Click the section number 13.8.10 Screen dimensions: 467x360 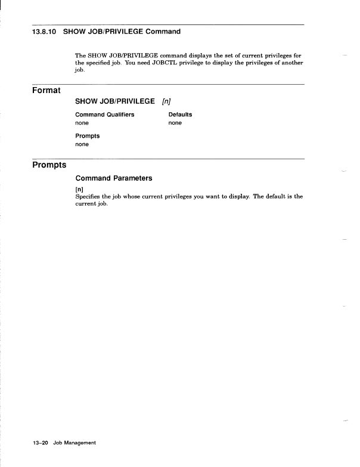point(45,31)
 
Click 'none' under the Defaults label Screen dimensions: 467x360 point(175,123)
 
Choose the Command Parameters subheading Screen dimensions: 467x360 point(114,178)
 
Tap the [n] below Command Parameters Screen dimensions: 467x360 point(79,189)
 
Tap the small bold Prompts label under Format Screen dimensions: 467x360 point(88,136)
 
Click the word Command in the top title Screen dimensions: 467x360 point(158,31)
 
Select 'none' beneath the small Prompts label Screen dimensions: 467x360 point(82,144)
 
